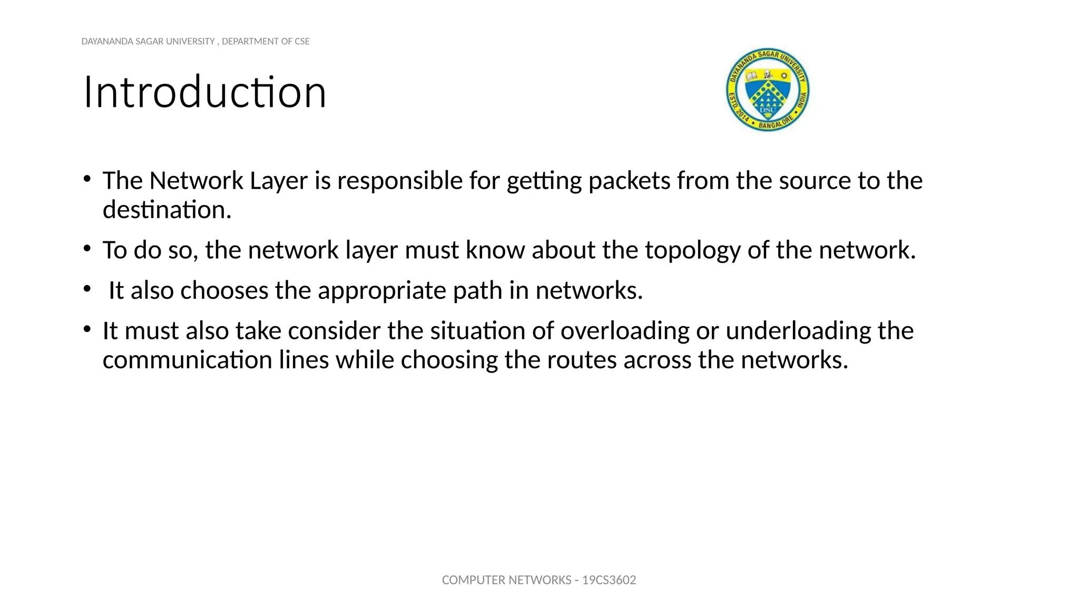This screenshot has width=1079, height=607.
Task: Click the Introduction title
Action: pyautogui.click(x=205, y=92)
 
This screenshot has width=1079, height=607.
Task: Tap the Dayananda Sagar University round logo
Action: pyautogui.click(x=768, y=90)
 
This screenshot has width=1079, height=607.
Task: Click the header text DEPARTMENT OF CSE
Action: pyautogui.click(x=266, y=42)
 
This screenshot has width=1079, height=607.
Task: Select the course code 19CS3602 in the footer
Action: pyautogui.click(x=609, y=580)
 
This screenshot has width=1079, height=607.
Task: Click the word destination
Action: pyautogui.click(x=167, y=210)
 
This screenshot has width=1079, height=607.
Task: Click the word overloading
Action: pyautogui.click(x=625, y=331)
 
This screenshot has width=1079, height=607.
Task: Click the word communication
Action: pyautogui.click(x=187, y=360)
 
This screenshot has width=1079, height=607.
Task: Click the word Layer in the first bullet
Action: pyautogui.click(x=279, y=181)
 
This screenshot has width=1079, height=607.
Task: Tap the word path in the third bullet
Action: pyautogui.click(x=477, y=291)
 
